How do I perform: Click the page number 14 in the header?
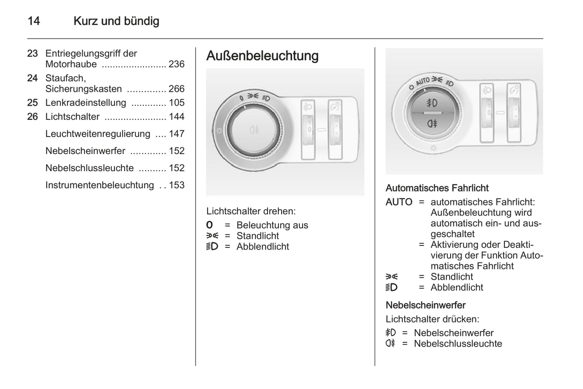33,21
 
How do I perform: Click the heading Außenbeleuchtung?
262,56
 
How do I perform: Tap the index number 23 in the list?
32,54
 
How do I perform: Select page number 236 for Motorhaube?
176,64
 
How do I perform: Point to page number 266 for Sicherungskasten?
176,89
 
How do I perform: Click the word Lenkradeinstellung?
86,103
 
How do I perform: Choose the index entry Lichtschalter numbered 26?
72,117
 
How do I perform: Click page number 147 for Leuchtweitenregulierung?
176,134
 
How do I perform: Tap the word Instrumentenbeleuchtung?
100,185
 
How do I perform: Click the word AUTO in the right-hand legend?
399,202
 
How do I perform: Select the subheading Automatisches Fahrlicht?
437,188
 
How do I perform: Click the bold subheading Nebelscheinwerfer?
425,305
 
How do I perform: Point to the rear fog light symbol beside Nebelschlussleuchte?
391,343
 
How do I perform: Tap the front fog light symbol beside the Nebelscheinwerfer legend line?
391,333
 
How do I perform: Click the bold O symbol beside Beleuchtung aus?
209,225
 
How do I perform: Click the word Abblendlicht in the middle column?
263,247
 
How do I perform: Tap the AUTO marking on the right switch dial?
423,81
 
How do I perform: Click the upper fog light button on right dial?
432,103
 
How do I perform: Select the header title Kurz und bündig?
116,21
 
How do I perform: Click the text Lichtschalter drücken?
432,319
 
